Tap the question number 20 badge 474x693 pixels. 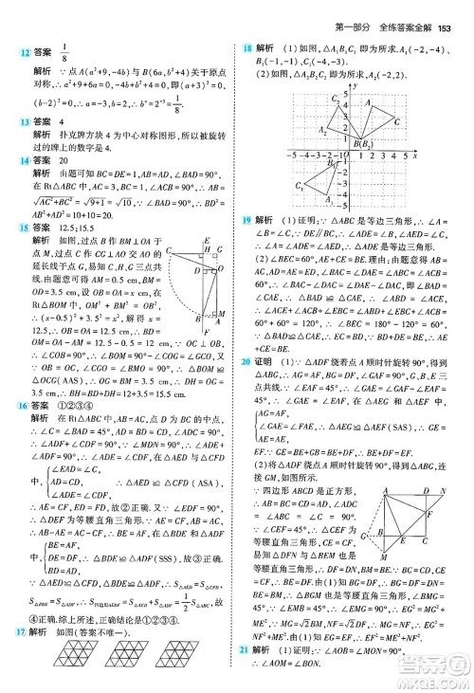point(248,389)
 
